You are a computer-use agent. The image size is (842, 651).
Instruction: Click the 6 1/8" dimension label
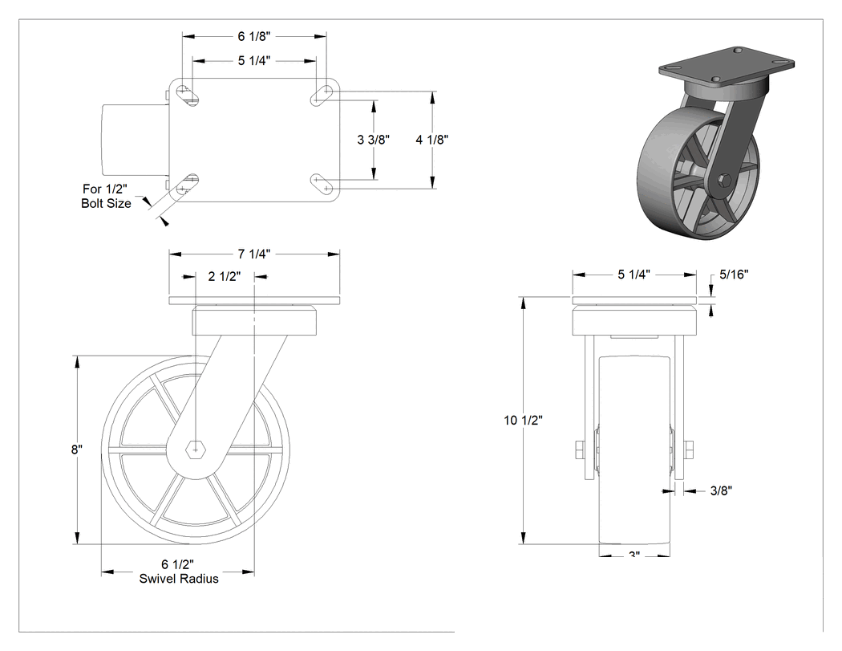coord(254,36)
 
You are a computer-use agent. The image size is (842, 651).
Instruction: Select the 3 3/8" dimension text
coord(373,140)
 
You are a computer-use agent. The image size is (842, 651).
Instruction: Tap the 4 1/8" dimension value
coord(431,140)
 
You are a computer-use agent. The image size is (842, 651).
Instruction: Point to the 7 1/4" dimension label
coord(254,254)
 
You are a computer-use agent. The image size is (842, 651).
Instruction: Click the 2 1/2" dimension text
coord(225,276)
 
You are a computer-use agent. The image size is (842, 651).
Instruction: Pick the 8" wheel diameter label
coord(77,450)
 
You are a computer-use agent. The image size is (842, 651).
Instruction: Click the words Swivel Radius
coord(179,579)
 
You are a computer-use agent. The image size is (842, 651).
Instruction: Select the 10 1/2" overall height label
coord(523,421)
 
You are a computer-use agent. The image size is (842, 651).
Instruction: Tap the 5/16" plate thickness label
coord(734,275)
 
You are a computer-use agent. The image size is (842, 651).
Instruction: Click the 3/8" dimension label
coord(721,490)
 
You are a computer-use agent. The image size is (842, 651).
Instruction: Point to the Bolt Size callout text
coord(107,204)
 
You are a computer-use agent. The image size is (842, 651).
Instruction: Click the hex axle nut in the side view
coord(196,449)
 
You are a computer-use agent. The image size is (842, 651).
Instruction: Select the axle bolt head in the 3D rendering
coord(723,181)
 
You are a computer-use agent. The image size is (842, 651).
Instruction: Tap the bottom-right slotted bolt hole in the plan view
coord(323,185)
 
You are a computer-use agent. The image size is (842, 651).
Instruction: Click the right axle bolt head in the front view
coord(689,450)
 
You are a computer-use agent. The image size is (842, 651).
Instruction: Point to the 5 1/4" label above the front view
coord(634,275)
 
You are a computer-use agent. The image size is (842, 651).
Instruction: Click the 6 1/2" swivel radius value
coord(178,564)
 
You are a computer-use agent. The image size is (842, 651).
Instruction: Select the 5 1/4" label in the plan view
coord(254,61)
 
